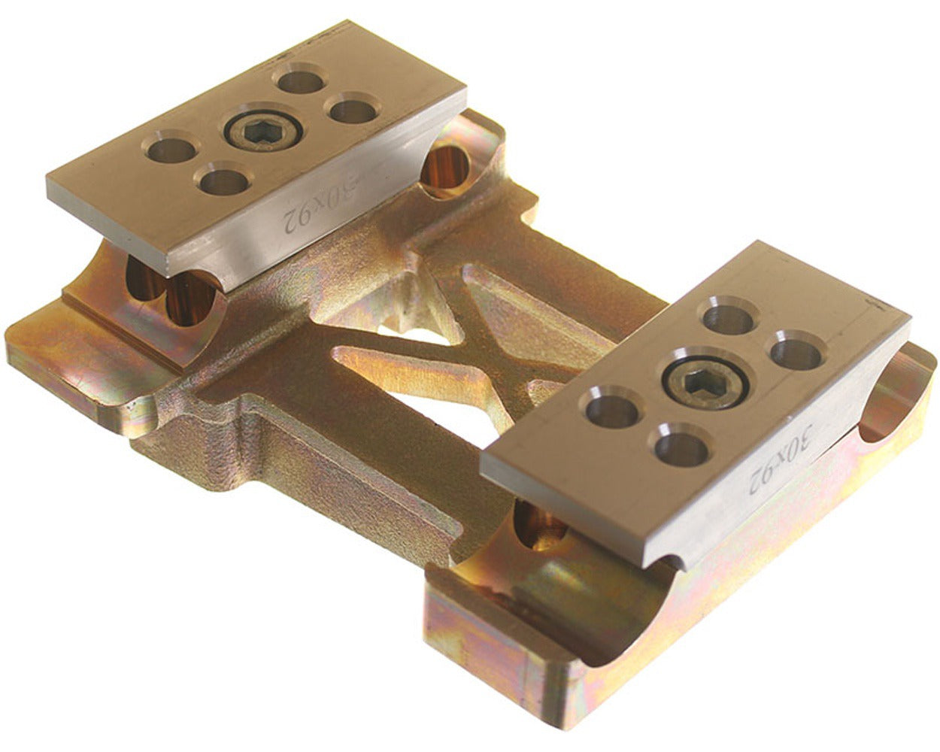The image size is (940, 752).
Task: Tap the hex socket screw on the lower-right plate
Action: point(702,378)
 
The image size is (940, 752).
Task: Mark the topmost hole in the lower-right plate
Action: point(729,316)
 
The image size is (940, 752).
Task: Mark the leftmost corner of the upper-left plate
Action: point(48,180)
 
